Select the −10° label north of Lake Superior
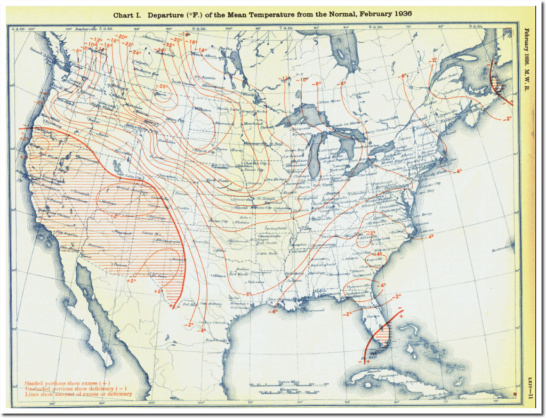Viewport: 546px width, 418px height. click(303, 81)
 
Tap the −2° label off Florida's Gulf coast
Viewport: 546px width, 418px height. click(347, 314)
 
